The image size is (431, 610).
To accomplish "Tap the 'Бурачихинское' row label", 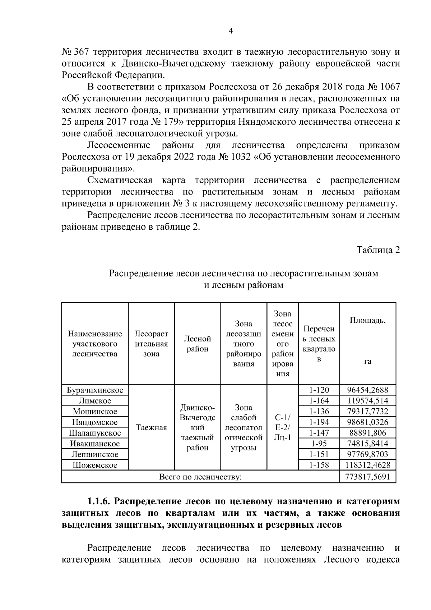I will click(x=95, y=390).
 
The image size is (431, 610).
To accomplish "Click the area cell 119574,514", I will click(x=368, y=401).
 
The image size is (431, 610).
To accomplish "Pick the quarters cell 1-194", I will click(x=319, y=422).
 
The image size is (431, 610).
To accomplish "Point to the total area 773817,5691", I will click(x=368, y=477).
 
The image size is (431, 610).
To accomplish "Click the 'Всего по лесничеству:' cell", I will click(x=200, y=477).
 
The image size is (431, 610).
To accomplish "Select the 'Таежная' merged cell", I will click(x=151, y=428).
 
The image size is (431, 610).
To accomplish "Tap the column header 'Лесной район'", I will click(x=198, y=344).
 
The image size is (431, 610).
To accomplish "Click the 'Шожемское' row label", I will click(x=95, y=465).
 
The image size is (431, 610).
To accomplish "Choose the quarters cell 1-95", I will click(x=319, y=444).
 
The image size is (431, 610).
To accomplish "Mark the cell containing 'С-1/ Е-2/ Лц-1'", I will click(x=283, y=428).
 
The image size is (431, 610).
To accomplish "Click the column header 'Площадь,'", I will click(x=368, y=320).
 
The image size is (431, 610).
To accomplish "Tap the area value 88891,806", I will click(x=368, y=433).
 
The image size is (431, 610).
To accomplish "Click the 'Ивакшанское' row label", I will click(x=95, y=444).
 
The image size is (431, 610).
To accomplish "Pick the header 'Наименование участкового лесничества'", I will click(x=95, y=344).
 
